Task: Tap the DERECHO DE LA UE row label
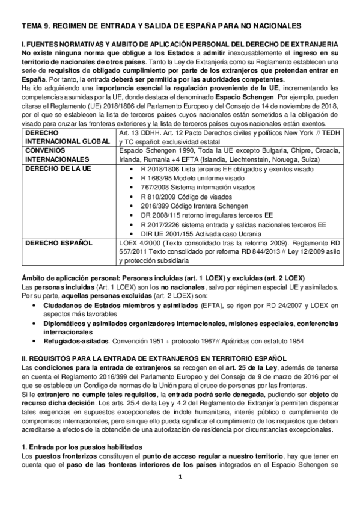coord(52,170)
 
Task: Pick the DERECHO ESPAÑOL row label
coord(52,242)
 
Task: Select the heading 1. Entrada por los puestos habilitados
coord(81,447)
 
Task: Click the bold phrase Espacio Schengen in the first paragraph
coord(237,97)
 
